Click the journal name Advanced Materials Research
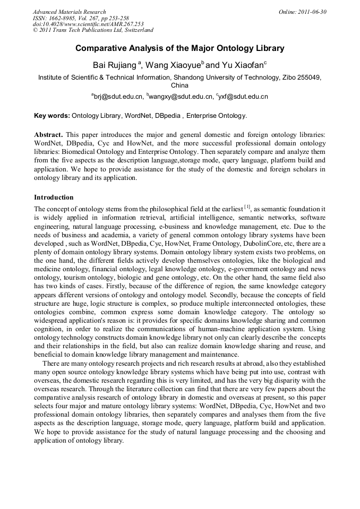[x=69, y=12]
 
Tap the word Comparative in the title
[x=101, y=48]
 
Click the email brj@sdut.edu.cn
[x=118, y=97]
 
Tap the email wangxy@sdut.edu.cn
[x=181, y=97]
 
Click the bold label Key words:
[x=52, y=115]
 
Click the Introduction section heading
[x=54, y=197]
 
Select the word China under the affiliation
[x=179, y=85]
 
